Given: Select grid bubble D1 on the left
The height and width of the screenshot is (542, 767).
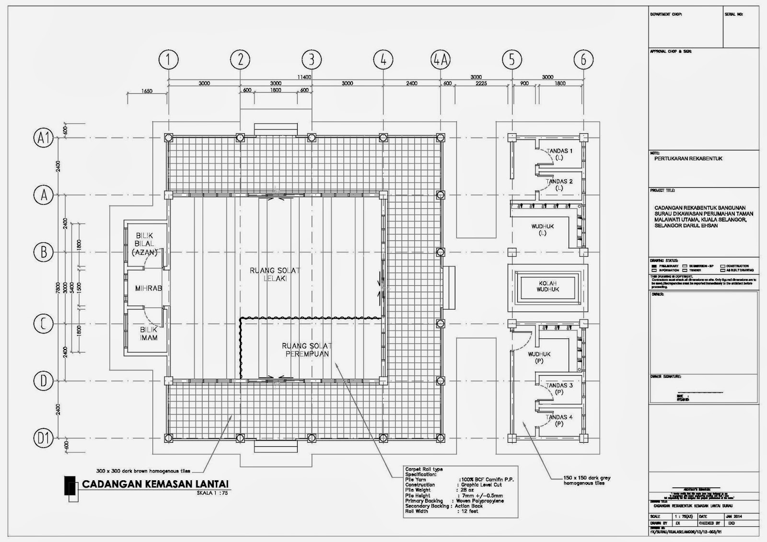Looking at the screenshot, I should coord(44,438).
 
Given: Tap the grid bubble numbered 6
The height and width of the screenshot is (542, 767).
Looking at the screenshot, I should coord(583,60).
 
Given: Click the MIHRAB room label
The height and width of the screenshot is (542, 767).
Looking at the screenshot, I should coord(148,288).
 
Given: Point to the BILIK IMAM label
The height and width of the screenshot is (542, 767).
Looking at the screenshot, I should coord(149,334).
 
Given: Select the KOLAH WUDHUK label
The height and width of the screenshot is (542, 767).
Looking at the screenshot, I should coord(547,287).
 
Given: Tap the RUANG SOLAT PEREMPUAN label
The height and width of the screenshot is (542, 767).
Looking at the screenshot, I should coord(307,350).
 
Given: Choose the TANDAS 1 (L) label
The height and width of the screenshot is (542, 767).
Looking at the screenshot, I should coord(559,154).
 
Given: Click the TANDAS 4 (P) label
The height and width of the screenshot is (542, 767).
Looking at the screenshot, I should coord(559,420).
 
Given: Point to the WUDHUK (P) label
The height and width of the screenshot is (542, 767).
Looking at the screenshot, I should coord(539,357).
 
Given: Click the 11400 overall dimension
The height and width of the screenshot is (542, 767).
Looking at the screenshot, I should coord(304,77).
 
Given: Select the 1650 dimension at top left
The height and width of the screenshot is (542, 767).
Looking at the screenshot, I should coord(147,91).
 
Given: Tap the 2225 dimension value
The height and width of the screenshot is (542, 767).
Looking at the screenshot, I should coord(481,83).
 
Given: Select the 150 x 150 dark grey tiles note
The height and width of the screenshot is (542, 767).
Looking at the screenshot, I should coord(587,480).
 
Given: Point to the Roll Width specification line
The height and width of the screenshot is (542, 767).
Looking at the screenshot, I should coord(442,511).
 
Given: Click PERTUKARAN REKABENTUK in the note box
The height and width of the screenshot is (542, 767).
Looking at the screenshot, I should coord(688,159).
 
